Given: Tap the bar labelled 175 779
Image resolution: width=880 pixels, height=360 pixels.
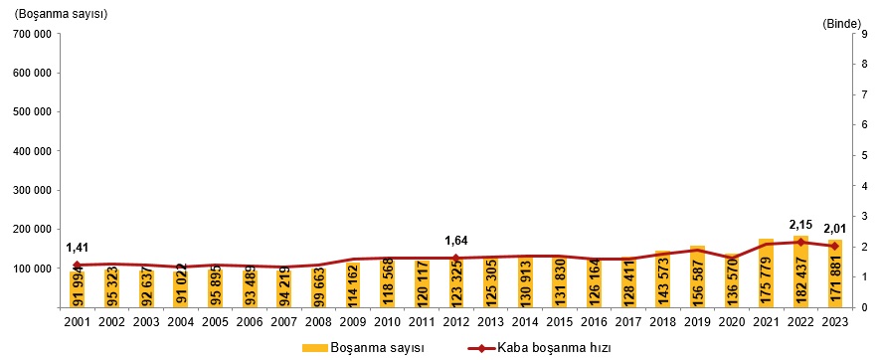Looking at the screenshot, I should coord(766,273).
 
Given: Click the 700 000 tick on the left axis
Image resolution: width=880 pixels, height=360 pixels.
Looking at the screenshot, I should coord(31,34).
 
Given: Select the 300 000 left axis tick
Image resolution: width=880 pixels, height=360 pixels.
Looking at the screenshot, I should coord(31,190).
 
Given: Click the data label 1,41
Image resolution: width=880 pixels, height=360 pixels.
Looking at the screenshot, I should coord(78,248).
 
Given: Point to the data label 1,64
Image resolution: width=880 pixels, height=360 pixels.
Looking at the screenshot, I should coord(455,240).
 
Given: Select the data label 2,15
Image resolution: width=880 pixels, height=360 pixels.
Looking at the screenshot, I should coord(800,224).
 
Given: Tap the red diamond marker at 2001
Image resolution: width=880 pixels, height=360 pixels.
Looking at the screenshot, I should coord(77,265).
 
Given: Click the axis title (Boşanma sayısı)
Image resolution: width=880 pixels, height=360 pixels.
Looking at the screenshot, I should coord(61,15).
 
